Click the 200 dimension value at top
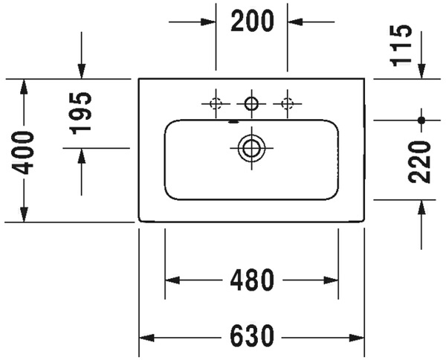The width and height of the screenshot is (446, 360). tap(252, 21)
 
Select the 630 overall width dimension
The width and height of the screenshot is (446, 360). tap(252, 336)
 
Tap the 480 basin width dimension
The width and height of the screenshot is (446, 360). tap(252, 280)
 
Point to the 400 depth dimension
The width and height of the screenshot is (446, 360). tap(24, 152)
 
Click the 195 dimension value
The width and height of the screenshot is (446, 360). tap(81, 113)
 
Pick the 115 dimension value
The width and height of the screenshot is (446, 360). tap(401, 45)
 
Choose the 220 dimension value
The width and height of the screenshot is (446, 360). tap(419, 161)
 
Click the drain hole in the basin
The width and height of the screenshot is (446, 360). tap(251, 148)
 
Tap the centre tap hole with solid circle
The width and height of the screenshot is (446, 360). tap(251, 103)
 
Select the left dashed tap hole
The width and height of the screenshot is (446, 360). tap(216, 103)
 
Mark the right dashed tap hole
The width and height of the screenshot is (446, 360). tap(287, 103)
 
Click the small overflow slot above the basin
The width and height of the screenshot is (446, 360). tap(233, 122)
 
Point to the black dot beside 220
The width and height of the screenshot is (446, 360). tap(421, 120)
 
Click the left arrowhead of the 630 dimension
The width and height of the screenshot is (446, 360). tap(146, 338)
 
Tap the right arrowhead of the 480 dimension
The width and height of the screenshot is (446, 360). tap(331, 280)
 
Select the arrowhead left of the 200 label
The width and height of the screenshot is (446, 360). tap(208, 22)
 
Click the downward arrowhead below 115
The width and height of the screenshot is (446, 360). tap(421, 71)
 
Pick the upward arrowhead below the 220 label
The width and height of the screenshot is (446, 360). tap(421, 208)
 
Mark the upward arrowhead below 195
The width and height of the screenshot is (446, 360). tap(82, 155)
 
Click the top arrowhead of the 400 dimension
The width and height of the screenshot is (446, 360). tap(24, 86)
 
